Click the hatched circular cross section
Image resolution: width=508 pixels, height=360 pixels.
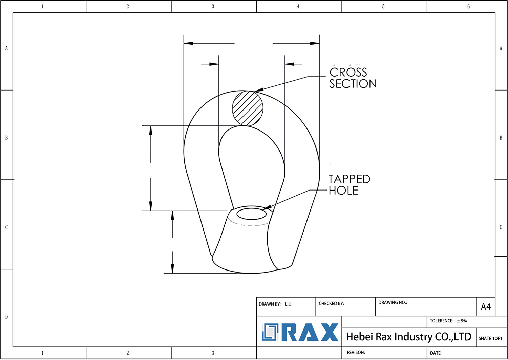[248, 108]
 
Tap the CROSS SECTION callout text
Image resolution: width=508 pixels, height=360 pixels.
[353, 78]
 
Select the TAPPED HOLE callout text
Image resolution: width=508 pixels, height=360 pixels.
[349, 185]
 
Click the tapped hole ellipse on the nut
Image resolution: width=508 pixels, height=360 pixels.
[251, 214]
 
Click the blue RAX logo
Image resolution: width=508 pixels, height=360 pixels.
[300, 332]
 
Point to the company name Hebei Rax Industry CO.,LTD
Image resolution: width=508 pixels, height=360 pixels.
[408, 337]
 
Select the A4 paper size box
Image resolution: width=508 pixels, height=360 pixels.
[486, 307]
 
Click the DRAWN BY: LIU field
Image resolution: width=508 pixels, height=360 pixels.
[275, 304]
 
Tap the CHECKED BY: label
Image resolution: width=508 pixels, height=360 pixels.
[331, 303]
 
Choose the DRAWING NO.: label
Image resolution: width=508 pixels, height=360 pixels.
[393, 302]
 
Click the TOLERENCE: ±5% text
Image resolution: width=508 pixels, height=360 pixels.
[448, 321]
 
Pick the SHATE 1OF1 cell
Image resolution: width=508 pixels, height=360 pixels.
[490, 338]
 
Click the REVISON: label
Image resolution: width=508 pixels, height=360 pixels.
[356, 352]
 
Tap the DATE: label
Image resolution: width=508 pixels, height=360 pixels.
[436, 353]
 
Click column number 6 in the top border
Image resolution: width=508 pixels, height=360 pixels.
[468, 6]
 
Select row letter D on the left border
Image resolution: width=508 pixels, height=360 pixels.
[6, 317]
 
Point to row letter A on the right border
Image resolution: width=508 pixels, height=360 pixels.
[501, 48]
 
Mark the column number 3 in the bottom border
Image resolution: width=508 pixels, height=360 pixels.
[213, 353]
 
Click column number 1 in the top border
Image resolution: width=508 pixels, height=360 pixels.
[42, 6]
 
